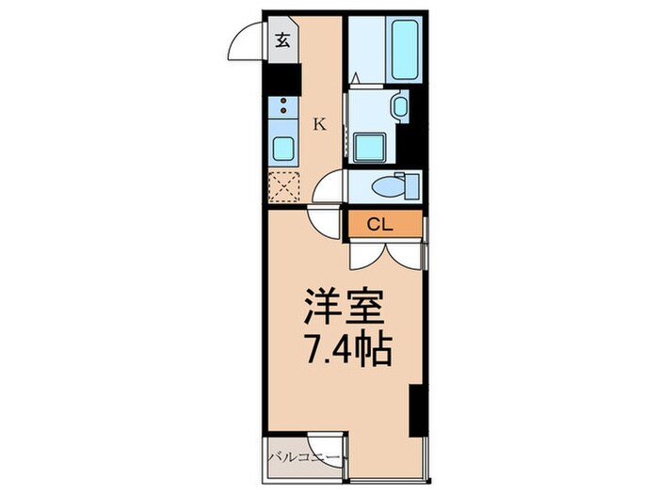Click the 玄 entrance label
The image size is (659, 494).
(283, 40)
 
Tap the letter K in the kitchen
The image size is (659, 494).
(320, 124)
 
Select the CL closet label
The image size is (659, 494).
(379, 224)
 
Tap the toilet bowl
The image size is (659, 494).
(386, 185)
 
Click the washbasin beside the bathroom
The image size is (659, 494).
(399, 105)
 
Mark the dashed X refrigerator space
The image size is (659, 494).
(282, 186)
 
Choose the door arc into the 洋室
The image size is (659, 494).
(325, 223)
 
